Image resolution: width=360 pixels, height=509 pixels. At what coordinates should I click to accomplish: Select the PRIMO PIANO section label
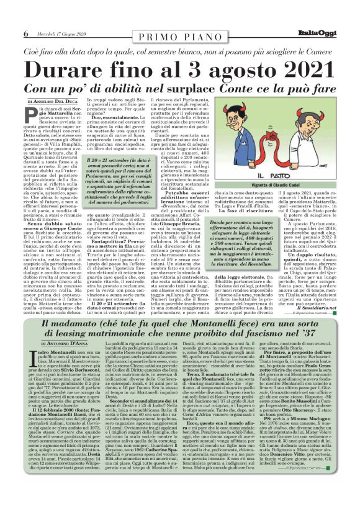[x=179, y=39]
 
